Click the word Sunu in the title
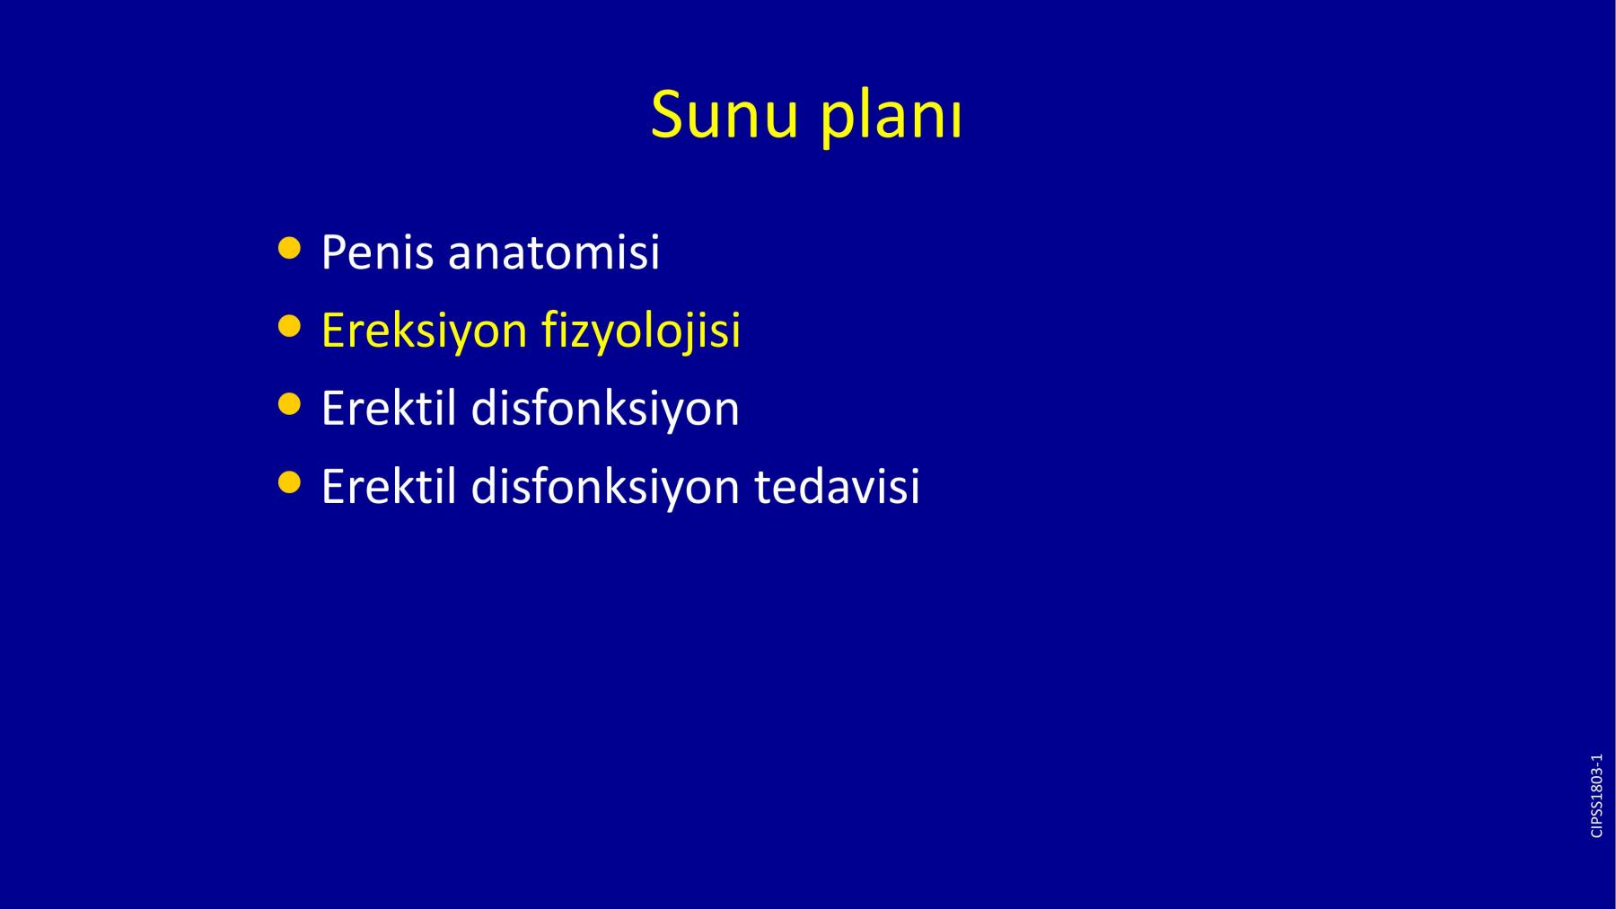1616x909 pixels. [x=724, y=115]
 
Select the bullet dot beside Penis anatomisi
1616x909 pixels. [x=289, y=248]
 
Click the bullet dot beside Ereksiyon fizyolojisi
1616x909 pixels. [x=289, y=326]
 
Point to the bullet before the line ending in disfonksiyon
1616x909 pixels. [x=289, y=404]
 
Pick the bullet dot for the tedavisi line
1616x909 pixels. [x=289, y=483]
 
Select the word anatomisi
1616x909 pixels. [x=554, y=252]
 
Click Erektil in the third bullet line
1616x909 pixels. [x=389, y=409]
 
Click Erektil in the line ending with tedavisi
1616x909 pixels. [x=389, y=487]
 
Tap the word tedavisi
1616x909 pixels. [x=837, y=487]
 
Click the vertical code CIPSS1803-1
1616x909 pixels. [x=1596, y=796]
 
